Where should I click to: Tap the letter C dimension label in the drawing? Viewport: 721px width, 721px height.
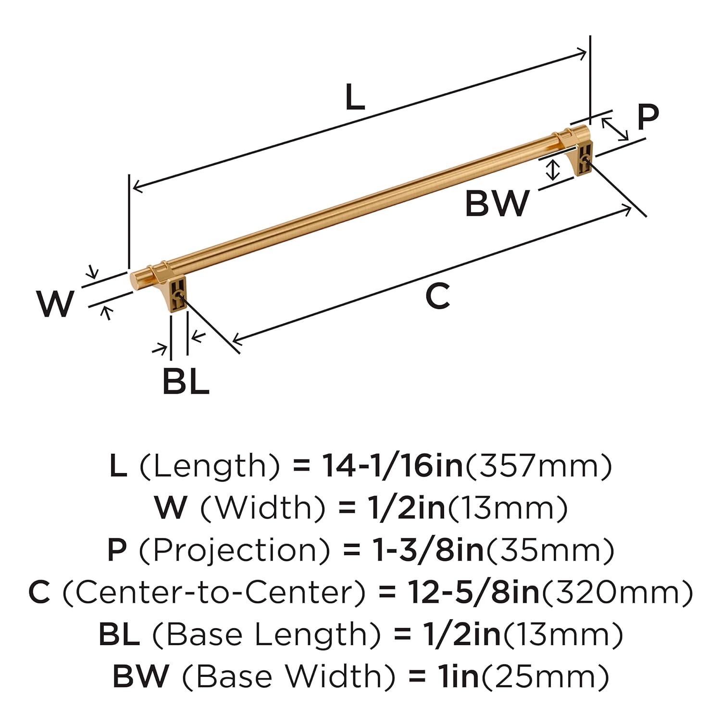(437, 296)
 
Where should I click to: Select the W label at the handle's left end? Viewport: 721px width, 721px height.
(56, 304)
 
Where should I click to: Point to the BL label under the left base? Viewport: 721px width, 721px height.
(186, 381)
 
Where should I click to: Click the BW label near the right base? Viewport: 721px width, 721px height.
(497, 203)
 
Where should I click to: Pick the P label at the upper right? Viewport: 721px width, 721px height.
(647, 117)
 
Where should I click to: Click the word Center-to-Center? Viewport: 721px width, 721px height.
(217, 592)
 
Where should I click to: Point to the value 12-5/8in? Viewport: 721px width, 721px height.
(473, 592)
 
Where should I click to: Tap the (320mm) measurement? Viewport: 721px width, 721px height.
(617, 592)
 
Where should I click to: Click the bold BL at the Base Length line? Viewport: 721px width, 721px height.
(119, 634)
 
